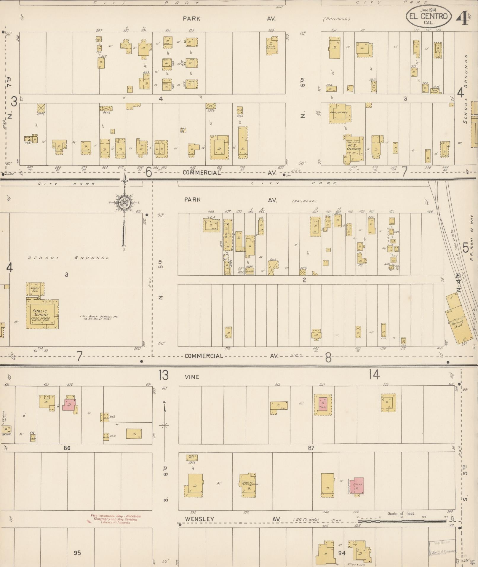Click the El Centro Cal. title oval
pos(428,16)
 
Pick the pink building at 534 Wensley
pos(357,486)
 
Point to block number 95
pos(77,553)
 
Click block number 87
pos(311,448)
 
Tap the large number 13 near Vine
pos(163,375)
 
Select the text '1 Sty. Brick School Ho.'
pos(99,317)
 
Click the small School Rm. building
pos(35,289)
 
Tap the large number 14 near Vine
pos(374,375)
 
